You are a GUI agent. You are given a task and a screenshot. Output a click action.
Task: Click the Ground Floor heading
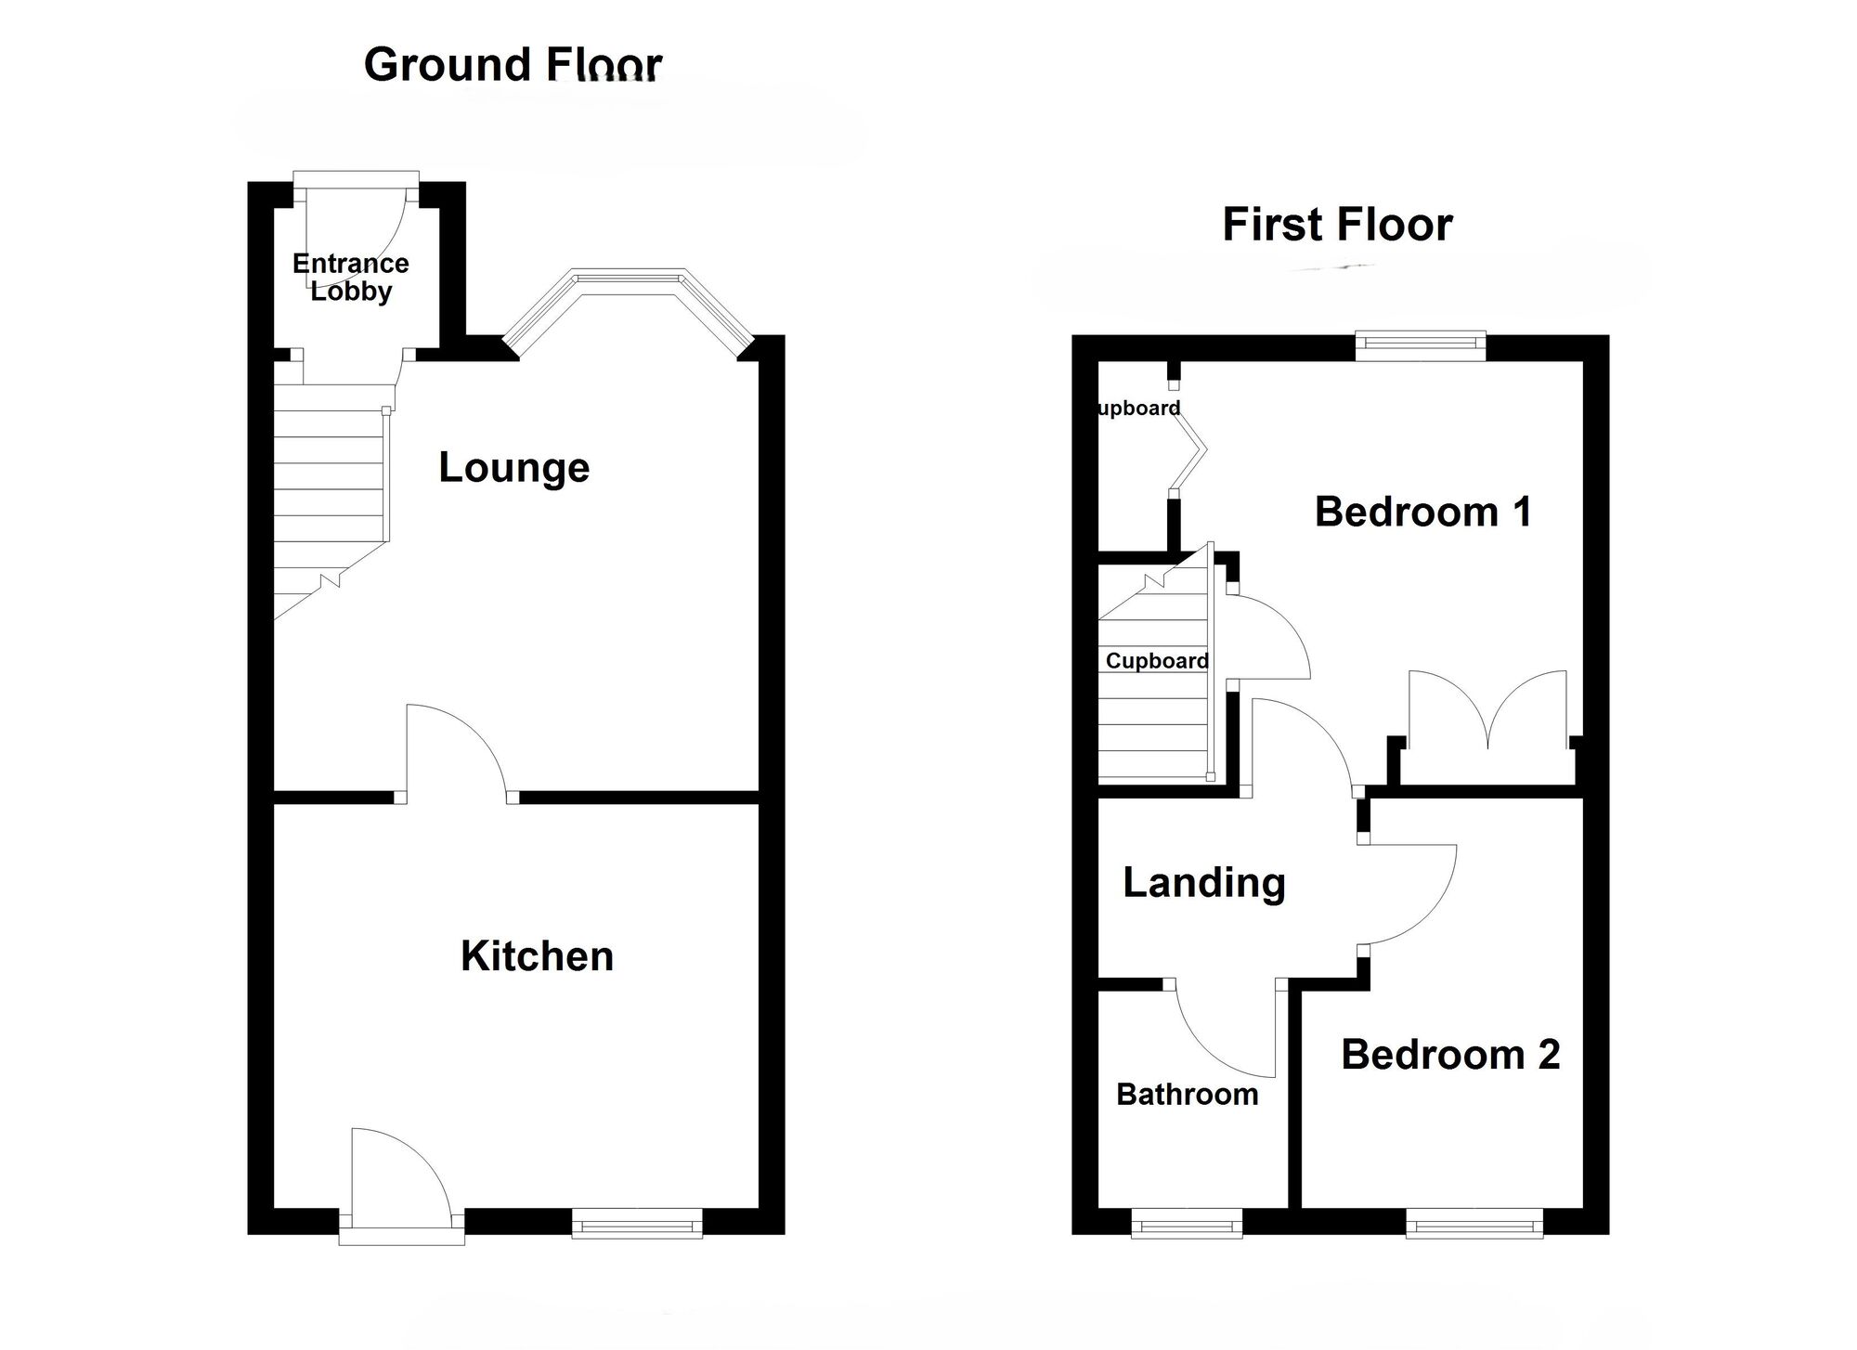point(513,65)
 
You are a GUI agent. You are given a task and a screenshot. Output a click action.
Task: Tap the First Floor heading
point(1336,225)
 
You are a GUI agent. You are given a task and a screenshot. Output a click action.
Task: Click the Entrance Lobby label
point(350,277)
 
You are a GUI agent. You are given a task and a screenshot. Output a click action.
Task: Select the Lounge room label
point(513,467)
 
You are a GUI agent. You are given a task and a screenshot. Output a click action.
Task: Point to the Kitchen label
point(537,956)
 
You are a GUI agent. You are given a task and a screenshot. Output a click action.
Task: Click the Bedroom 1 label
point(1422,512)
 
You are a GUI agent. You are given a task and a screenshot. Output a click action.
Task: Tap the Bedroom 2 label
point(1449,1055)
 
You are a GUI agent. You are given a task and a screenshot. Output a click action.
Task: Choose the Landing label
point(1203,882)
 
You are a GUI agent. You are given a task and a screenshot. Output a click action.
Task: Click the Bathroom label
point(1187,1095)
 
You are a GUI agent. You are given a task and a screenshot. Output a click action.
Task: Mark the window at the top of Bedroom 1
point(1420,345)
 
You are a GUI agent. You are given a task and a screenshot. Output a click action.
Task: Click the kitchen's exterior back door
point(401,1179)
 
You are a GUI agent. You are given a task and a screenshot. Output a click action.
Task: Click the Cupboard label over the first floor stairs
point(1157,661)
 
